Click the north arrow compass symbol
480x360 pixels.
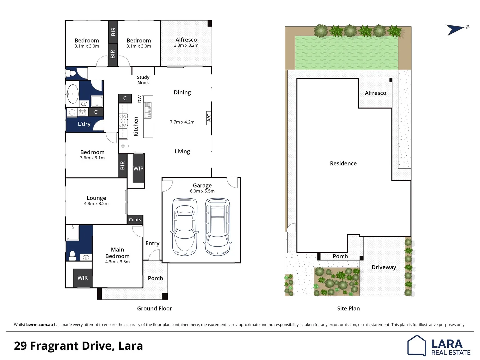tap(455, 30)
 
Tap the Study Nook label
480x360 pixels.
tap(143, 80)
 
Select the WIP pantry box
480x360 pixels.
tap(138, 168)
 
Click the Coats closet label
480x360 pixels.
tap(135, 220)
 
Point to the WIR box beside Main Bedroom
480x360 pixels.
tap(83, 278)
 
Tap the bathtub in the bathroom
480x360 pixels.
tap(73, 94)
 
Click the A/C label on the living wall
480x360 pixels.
tap(209, 118)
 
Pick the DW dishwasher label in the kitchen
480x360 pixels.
tap(140, 99)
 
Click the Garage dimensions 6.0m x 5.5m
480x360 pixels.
tap(202, 191)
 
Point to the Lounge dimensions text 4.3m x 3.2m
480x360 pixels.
tap(96, 204)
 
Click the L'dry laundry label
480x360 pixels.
tap(84, 124)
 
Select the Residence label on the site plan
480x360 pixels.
tap(343, 163)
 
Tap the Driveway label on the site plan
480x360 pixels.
tap(384, 267)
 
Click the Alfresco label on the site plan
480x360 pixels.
tap(375, 93)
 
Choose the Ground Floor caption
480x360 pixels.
tap(154, 309)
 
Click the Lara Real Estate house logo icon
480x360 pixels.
tap(417, 345)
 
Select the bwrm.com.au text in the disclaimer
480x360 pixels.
tap(39, 325)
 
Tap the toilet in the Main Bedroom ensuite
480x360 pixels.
tap(72, 256)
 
